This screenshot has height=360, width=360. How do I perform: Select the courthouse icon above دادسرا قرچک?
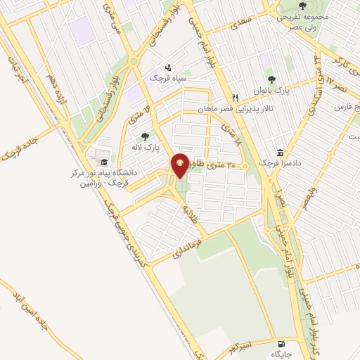click(281, 153)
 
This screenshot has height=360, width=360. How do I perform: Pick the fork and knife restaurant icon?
click(236, 98)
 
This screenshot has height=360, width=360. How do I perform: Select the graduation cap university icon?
click(104, 161)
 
